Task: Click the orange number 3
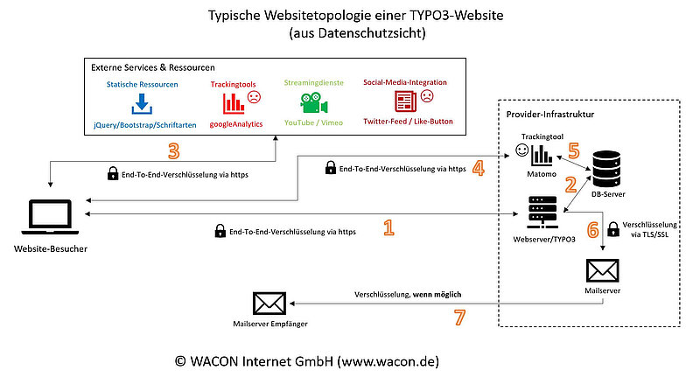tap(173, 151)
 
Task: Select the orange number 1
tap(389, 228)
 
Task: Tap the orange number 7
tap(458, 318)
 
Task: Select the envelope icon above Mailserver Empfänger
tap(268, 303)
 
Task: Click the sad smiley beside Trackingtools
tap(255, 97)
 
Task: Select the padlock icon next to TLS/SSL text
tap(612, 227)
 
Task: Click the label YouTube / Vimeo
tap(314, 122)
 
